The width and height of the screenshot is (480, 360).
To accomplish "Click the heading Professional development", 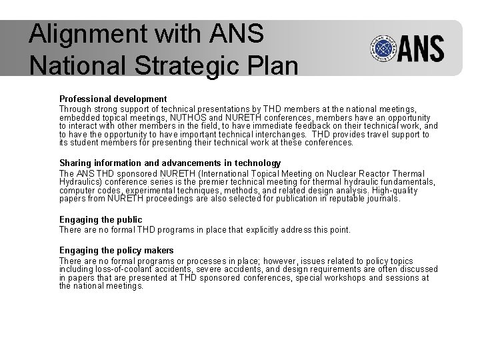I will tap(113, 99).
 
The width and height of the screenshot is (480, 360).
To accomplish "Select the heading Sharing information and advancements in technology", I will tap(170, 163).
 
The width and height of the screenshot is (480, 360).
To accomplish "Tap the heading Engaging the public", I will tap(101, 219).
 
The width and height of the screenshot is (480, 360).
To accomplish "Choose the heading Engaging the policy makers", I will tap(117, 251).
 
